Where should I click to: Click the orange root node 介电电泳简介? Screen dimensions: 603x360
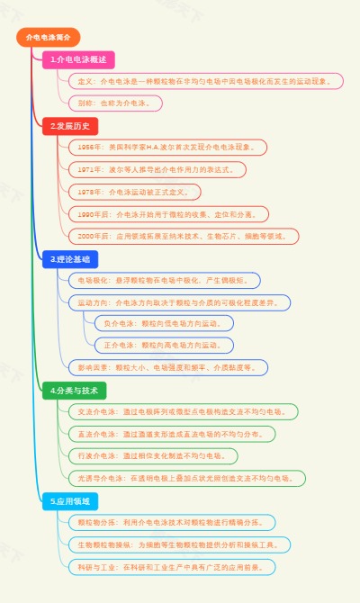pyautogui.click(x=48, y=37)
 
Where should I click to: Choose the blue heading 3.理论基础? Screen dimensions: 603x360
pyautogui.click(x=70, y=259)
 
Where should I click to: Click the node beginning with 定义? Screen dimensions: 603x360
pyautogui.click(x=205, y=81)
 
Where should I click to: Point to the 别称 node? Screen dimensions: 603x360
pyautogui.click(x=115, y=103)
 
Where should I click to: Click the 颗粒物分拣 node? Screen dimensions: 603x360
pyautogui.click(x=171, y=522)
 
